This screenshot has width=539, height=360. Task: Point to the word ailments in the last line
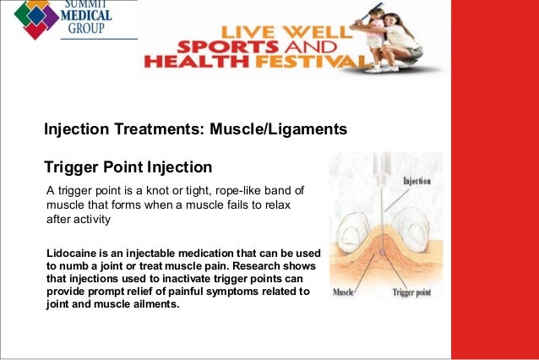pyautogui.click(x=152, y=304)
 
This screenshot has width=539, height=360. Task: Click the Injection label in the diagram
pyautogui.click(x=416, y=180)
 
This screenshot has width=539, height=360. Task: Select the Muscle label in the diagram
pyautogui.click(x=344, y=292)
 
